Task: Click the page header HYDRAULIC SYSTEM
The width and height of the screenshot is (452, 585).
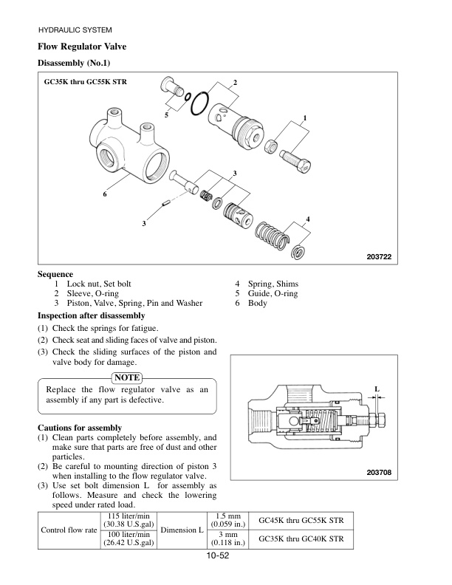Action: tap(74, 30)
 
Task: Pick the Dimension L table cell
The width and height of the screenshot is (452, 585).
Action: tap(182, 530)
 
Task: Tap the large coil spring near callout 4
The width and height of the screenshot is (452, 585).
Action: tap(272, 236)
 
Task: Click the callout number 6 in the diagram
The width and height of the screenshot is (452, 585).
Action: tap(106, 194)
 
